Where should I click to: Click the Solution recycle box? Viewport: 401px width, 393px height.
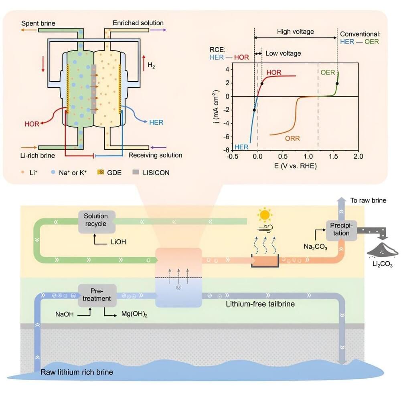(x=96, y=220)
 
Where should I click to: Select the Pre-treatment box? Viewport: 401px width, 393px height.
(x=97, y=294)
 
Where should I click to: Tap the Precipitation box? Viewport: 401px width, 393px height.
(x=340, y=230)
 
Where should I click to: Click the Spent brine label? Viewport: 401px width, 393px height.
(x=38, y=23)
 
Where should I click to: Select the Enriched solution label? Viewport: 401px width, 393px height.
(x=138, y=23)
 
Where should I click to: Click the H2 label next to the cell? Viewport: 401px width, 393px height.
(x=151, y=65)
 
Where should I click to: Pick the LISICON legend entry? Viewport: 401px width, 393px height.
(x=156, y=173)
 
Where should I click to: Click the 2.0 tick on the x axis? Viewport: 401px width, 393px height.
(x=358, y=157)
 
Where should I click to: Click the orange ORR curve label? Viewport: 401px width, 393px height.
(x=292, y=138)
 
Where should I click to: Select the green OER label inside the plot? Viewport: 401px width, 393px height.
(x=327, y=73)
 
